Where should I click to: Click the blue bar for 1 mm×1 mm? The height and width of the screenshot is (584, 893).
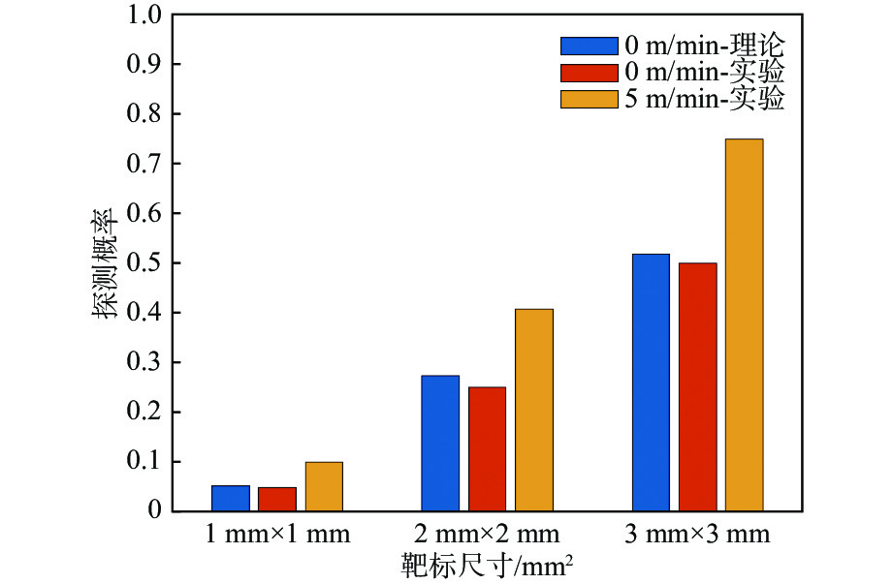tap(230, 498)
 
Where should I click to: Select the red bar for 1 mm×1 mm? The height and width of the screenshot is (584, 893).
tap(276, 499)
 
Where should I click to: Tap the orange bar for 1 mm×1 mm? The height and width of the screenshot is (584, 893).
tap(324, 486)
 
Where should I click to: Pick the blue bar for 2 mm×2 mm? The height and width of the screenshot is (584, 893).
tap(440, 443)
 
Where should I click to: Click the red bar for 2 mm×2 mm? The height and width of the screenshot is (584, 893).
tap(487, 448)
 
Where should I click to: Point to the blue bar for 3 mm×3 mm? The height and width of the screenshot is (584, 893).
tap(651, 382)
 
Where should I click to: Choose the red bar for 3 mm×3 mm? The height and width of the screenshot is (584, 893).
tap(697, 386)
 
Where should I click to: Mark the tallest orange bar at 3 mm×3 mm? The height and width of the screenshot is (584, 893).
tap(745, 324)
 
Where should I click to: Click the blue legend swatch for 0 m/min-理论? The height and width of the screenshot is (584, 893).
tap(589, 46)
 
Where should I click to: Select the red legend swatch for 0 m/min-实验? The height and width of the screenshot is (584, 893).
tap(589, 72)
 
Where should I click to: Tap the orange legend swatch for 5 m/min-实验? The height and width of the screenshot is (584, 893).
tap(589, 98)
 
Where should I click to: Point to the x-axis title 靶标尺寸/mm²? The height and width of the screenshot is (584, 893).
tap(482, 565)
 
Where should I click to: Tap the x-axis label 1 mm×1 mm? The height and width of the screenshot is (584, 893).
tap(277, 535)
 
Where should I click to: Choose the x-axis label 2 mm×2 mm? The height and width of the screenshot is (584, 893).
tap(488, 535)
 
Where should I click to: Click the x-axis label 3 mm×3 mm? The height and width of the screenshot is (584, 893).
tap(698, 535)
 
